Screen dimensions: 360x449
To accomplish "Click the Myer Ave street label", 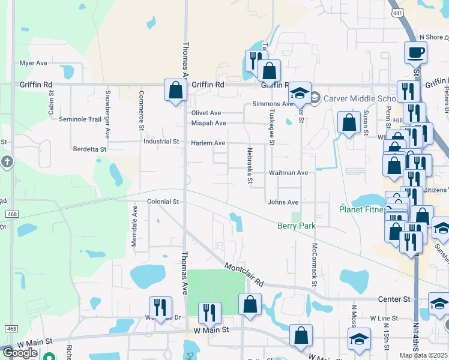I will (33, 63).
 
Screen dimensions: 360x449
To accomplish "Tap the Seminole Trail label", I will (80, 119).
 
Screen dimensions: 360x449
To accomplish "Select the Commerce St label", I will (142, 110).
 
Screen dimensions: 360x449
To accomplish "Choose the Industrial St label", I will (161, 142).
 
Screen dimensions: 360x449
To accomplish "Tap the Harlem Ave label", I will (208, 143).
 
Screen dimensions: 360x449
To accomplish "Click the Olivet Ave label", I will (206, 113).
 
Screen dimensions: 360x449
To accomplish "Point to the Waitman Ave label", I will (288, 173).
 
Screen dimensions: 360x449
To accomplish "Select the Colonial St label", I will (163, 202).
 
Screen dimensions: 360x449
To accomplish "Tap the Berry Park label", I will (297, 226).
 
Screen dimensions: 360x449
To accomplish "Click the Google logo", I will (20, 353).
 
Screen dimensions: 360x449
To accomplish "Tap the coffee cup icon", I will (415, 52).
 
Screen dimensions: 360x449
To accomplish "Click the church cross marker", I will (7, 161).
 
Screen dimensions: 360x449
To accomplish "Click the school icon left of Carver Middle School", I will (299, 93).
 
